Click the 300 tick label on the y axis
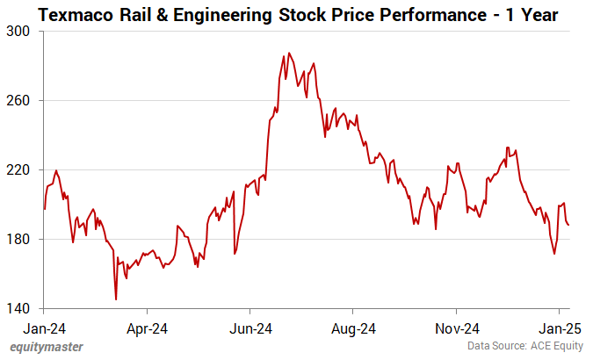coord(18,31)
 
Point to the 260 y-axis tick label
coord(18,100)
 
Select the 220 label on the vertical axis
coord(18,169)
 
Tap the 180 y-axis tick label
coord(18,239)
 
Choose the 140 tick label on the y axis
coord(18,309)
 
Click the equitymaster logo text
coord(47,347)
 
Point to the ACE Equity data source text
coord(553,348)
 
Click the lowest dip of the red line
coord(116,299)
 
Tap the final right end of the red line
coord(568,225)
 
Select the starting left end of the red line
coord(44,209)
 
